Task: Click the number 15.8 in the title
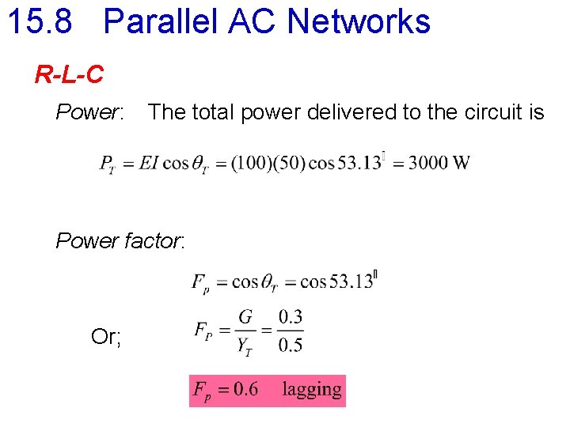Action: pos(40,21)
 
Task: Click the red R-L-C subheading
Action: pos(69,75)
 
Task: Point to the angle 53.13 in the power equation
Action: pos(359,164)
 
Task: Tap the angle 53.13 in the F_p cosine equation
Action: pos(352,282)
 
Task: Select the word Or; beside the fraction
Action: pos(106,338)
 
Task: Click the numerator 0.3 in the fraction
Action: pos(291,318)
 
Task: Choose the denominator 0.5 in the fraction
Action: pos(291,345)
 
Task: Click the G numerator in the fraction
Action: pos(246,318)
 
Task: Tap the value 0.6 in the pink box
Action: pos(244,390)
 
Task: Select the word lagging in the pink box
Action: pos(313,390)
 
